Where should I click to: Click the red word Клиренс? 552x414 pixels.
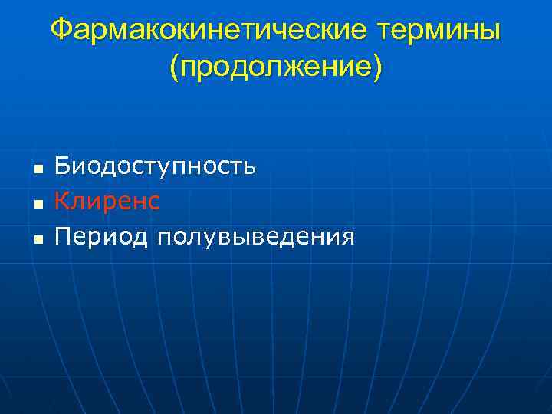tap(107, 202)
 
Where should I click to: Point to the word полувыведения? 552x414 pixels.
tap(255, 237)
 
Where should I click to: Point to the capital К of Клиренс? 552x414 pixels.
tap(62, 202)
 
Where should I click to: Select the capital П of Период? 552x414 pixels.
tap(62, 237)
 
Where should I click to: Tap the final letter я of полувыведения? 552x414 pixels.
tap(349, 238)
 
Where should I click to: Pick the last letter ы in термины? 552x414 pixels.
tap(491, 32)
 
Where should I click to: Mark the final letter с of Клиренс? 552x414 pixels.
tap(155, 203)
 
